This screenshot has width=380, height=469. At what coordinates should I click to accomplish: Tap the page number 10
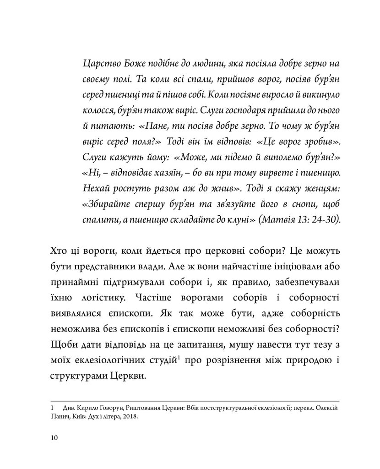coord(55,438)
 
